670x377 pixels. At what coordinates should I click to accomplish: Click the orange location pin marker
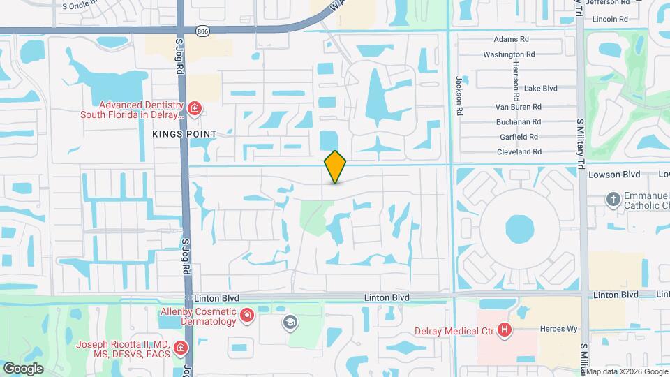[336, 167]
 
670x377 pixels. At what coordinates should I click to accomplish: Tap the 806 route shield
[202, 31]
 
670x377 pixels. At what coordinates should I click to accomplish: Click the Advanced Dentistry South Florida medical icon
[194, 109]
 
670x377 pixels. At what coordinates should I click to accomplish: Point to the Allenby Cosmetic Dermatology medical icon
[246, 317]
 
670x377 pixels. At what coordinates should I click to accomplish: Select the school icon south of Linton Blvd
[290, 323]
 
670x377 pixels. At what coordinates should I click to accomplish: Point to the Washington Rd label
[509, 54]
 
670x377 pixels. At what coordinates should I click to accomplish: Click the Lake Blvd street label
[541, 89]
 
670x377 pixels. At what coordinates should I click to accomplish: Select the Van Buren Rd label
[519, 107]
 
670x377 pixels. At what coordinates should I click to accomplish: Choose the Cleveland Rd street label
[519, 151]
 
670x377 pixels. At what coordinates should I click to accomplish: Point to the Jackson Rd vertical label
[460, 96]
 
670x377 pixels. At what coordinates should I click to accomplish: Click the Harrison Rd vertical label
[516, 80]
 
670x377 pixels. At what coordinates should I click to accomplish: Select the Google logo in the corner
[23, 368]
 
